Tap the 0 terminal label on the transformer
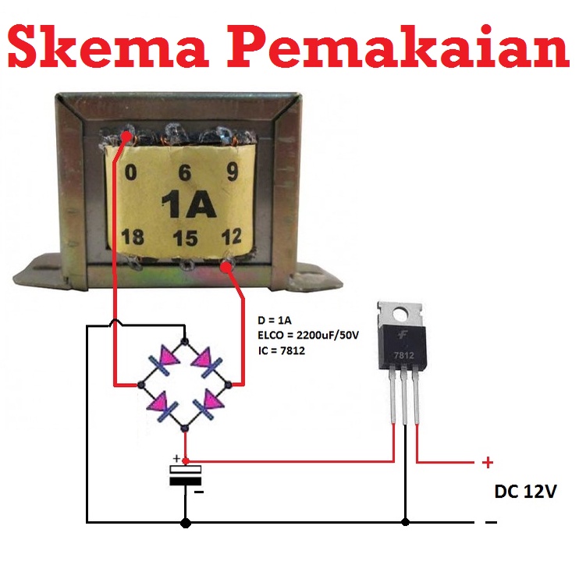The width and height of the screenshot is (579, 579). (130, 172)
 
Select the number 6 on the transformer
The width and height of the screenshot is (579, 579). (184, 174)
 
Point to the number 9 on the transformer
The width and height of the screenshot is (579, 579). (232, 172)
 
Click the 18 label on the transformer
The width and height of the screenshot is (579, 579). (133, 236)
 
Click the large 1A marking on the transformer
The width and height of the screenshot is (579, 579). (188, 205)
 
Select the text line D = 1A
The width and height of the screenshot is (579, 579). (275, 321)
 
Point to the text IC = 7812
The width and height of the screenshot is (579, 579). (281, 351)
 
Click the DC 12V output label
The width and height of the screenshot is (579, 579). (525, 492)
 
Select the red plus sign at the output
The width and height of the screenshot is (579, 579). (488, 463)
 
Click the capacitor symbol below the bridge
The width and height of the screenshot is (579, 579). (186, 475)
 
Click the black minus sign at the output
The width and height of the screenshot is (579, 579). (491, 522)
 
